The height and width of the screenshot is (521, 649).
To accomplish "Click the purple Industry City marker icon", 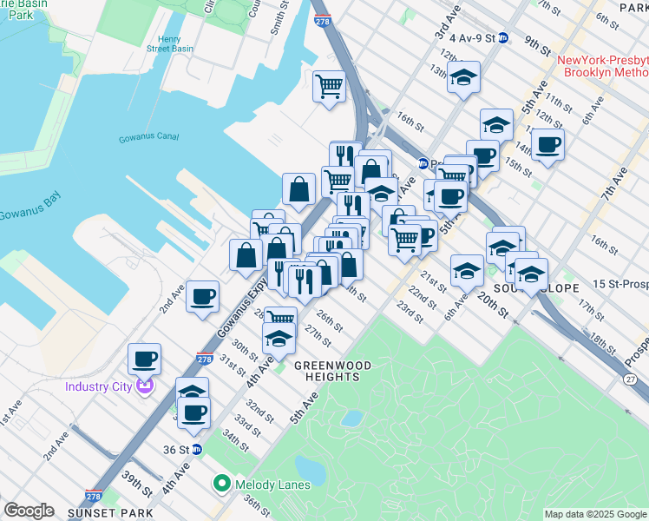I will coord(144,386).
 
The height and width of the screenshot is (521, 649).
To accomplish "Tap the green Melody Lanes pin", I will coord(221,483).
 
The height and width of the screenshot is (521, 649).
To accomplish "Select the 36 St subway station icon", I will coord(197,450).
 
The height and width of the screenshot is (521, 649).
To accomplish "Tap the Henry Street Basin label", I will coord(169,45).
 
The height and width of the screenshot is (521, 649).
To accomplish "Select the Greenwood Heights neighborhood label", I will coord(326,371).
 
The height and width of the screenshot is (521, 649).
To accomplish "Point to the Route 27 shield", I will coord(630,379).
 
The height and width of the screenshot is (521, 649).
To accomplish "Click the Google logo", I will coord(29,510).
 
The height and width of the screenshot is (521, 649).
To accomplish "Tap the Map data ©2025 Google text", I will coord(595,514).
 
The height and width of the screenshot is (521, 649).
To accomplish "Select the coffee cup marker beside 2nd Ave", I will coord(202,296).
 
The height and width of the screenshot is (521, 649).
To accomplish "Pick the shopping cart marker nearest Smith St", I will coord(329,86).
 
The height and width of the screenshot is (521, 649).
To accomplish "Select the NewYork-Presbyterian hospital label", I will coord(603,66).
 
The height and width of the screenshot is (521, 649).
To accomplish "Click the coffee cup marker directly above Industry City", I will coord(144,358).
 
